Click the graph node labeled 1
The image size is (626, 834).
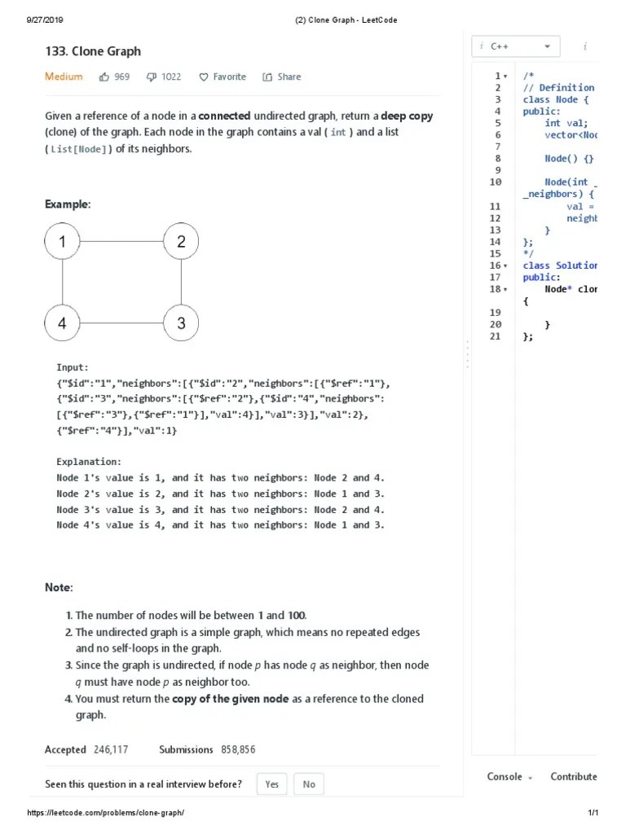63,241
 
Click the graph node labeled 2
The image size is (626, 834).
181,241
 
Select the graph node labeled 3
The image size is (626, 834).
181,323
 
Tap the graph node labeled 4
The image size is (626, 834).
63,323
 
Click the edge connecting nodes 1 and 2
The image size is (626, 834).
122,241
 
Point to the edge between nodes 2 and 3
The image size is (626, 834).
181,282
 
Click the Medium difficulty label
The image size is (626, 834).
64,77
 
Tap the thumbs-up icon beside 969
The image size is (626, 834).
104,77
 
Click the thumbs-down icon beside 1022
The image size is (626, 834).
151,77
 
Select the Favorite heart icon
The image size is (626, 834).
204,77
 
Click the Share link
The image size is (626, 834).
281,77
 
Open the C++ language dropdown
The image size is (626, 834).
517,46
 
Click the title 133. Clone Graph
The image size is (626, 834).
93,51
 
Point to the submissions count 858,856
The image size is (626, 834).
237,749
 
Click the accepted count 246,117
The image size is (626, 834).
110,749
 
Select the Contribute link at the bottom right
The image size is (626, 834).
573,777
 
